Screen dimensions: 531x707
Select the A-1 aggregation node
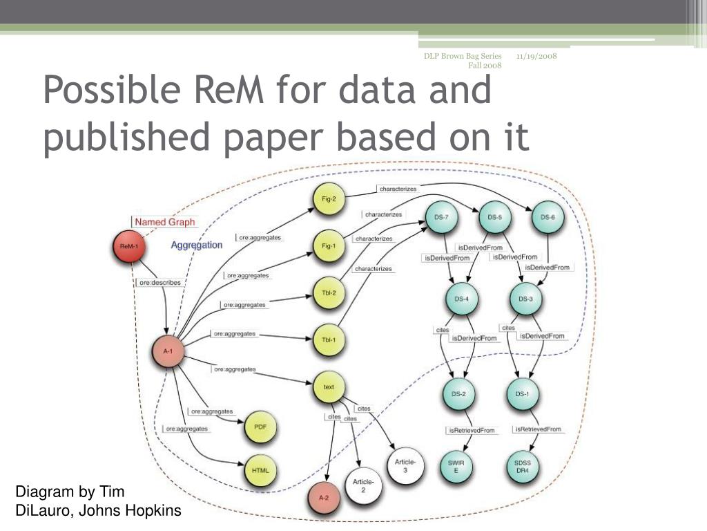tap(168, 351)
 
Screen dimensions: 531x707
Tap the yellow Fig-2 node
tap(329, 198)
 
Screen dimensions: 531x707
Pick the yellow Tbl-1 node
tap(329, 340)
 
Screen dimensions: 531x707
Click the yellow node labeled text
tap(329, 387)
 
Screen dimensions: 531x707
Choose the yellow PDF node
tap(260, 428)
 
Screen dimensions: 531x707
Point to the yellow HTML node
tap(260, 471)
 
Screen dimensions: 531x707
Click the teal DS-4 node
tap(461, 299)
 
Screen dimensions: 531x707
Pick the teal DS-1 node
tap(523, 394)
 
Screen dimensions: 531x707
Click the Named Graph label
tap(164, 222)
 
